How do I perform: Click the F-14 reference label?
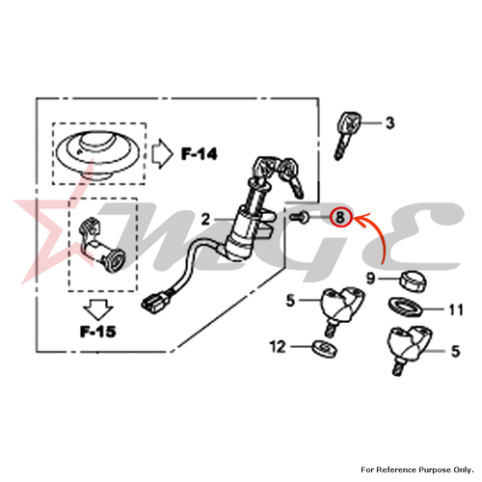pyautogui.click(x=200, y=154)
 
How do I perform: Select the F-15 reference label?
pyautogui.click(x=97, y=332)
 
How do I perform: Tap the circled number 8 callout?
pyautogui.click(x=340, y=217)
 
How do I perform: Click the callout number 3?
pyautogui.click(x=389, y=122)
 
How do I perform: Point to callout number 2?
pyautogui.click(x=205, y=220)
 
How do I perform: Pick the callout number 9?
pyautogui.click(x=371, y=278)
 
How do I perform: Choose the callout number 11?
pyautogui.click(x=456, y=310)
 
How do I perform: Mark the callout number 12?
pyautogui.click(x=278, y=347)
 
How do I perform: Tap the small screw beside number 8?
pyautogui.click(x=300, y=218)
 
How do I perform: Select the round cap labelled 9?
pyautogui.click(x=413, y=281)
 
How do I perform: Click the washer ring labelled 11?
pyautogui.click(x=405, y=307)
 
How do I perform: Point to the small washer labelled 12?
pyautogui.click(x=325, y=348)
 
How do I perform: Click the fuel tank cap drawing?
pyautogui.click(x=97, y=153)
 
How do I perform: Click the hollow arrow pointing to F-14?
pyautogui.click(x=162, y=154)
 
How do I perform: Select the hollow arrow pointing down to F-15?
pyautogui.click(x=98, y=309)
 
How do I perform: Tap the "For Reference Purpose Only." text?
pyautogui.click(x=417, y=469)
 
